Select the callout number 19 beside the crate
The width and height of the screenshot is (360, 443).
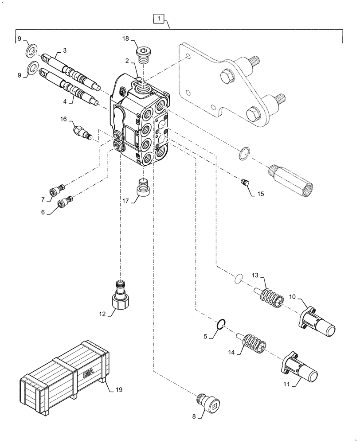tap(119, 390)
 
